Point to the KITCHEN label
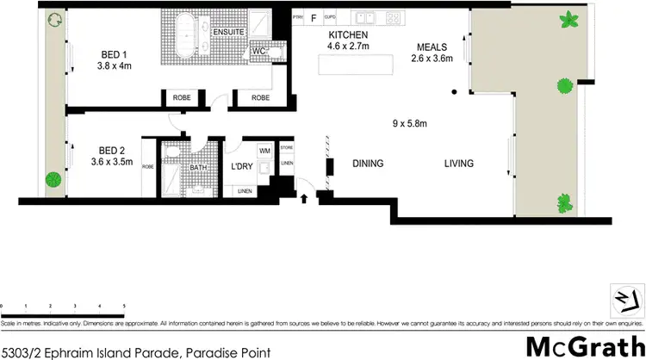[348, 35]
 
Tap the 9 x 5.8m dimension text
[408, 123]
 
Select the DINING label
[368, 164]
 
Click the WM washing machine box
[264, 152]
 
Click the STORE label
[287, 147]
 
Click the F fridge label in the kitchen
[314, 16]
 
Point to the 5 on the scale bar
[125, 306]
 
